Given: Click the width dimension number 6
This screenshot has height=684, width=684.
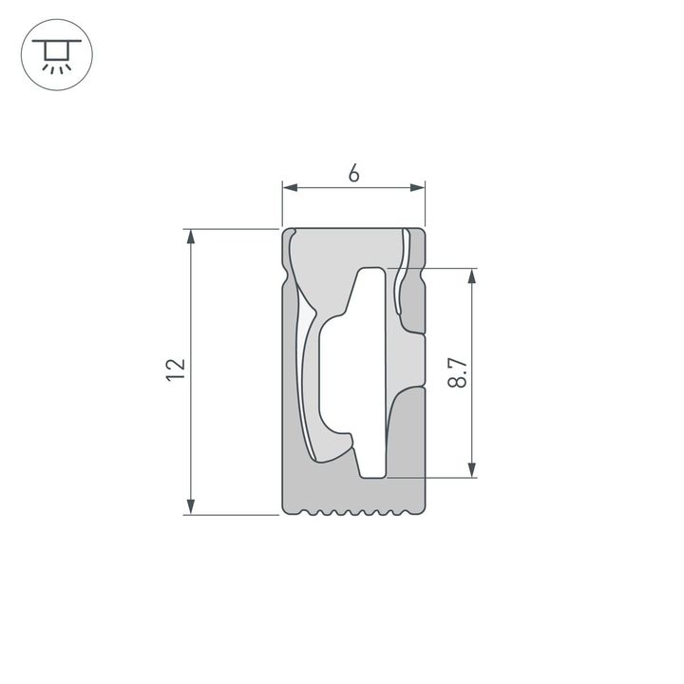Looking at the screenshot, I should (x=353, y=172).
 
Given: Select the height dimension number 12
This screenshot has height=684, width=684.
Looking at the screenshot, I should (x=174, y=370).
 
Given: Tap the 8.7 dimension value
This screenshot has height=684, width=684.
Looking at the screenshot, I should (x=458, y=371).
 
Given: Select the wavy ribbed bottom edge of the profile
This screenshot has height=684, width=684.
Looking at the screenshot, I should (x=353, y=514).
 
